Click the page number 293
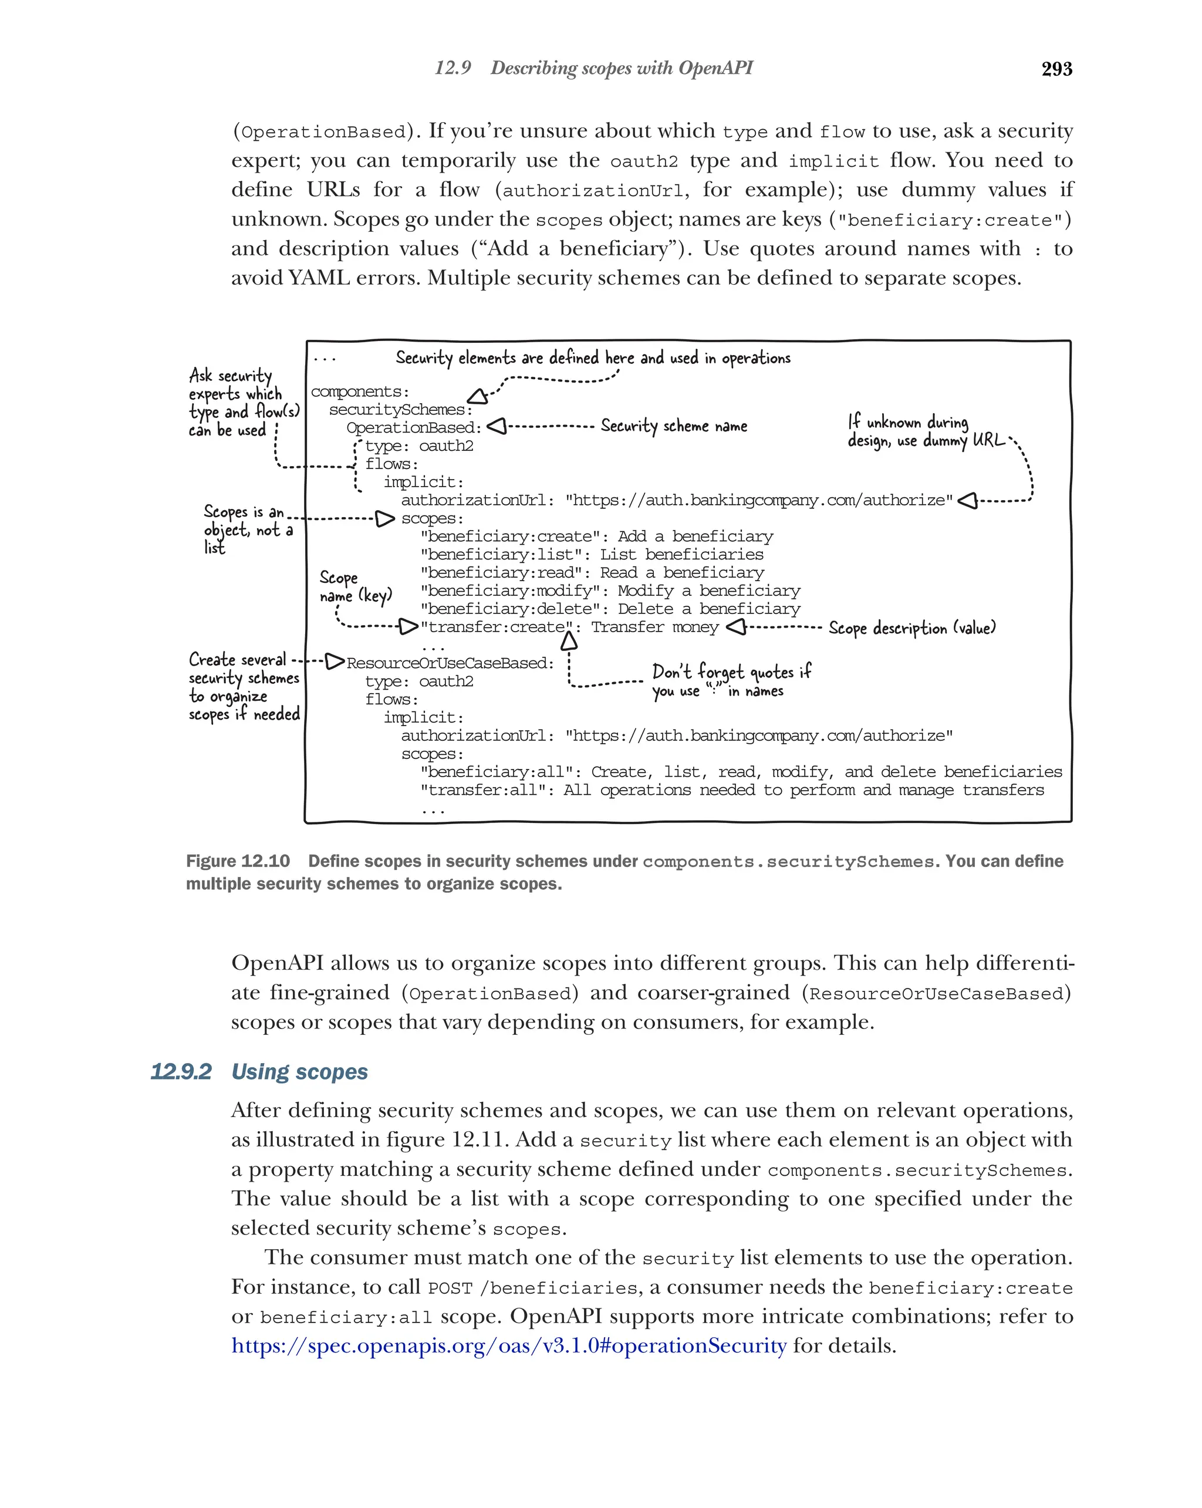pyautogui.click(x=1056, y=69)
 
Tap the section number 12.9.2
pyautogui.click(x=180, y=1071)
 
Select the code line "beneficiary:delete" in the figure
pyautogui.click(x=610, y=609)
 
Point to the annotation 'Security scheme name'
pyautogui.click(x=673, y=426)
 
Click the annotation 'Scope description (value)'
pyautogui.click(x=911, y=628)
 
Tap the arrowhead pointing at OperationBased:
pyautogui.click(x=496, y=426)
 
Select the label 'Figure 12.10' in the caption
pyautogui.click(x=238, y=861)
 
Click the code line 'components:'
pyautogui.click(x=359, y=392)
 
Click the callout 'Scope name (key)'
pyautogui.click(x=354, y=587)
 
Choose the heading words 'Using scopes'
pyautogui.click(x=299, y=1071)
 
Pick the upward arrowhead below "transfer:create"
pyautogui.click(x=569, y=640)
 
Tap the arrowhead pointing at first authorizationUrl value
pyautogui.click(x=967, y=501)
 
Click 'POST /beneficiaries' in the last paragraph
pyautogui.click(x=533, y=1287)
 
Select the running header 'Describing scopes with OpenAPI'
pyautogui.click(x=621, y=68)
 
